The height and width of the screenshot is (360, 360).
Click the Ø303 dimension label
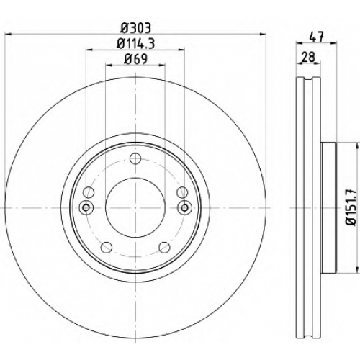pyautogui.click(x=135, y=28)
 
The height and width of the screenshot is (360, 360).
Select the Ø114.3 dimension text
pyautogui.click(x=135, y=44)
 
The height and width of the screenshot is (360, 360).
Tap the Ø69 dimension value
pyautogui.click(x=135, y=59)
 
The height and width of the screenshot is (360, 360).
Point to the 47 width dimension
pyautogui.click(x=317, y=37)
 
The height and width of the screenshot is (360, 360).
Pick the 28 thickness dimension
pyautogui.click(x=308, y=58)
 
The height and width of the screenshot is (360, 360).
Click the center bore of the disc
pyautogui.click(x=135, y=207)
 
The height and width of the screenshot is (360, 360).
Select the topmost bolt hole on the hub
pyautogui.click(x=135, y=158)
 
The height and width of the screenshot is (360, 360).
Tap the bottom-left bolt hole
pyautogui.click(x=107, y=247)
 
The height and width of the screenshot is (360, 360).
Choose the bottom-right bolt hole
pyautogui.click(x=164, y=247)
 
